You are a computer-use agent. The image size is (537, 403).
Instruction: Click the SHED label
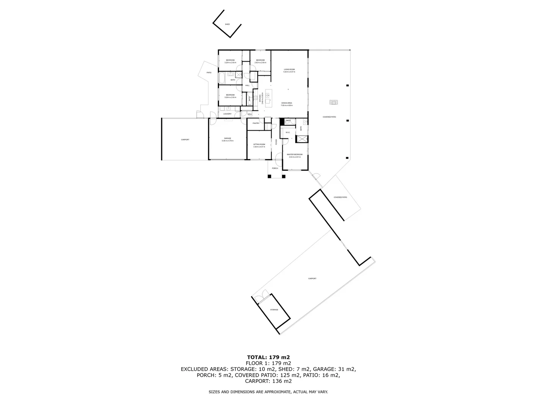227,24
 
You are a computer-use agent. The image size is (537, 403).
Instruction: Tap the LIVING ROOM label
289,69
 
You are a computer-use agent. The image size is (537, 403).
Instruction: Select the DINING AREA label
286,103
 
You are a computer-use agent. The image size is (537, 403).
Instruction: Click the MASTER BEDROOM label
294,154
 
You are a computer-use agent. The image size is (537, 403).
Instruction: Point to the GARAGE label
227,138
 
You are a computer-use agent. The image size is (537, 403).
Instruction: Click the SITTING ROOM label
259,144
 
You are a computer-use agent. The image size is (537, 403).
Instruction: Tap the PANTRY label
256,123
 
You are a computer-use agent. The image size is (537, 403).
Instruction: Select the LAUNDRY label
227,114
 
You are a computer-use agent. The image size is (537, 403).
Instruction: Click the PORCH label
275,168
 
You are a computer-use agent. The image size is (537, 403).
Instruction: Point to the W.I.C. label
288,132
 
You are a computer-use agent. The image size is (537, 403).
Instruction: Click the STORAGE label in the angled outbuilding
274,310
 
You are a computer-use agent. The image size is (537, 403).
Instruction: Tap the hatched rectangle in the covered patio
333,102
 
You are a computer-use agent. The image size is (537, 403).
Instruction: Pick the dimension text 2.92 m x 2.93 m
260,63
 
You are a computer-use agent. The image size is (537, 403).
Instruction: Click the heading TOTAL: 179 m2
268,357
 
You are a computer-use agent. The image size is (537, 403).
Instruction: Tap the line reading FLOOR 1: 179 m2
268,363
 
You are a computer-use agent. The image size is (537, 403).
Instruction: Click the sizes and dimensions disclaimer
268,392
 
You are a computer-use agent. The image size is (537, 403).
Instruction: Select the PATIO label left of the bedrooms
209,72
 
